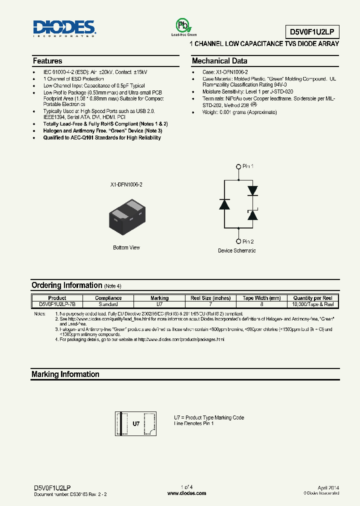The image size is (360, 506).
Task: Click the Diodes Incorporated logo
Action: coord(64,29)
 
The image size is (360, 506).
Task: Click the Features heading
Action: coord(47,61)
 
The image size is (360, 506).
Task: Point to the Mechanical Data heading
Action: coord(219,61)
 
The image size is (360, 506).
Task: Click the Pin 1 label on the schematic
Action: coord(248,166)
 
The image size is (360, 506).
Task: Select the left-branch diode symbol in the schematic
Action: coord(224,204)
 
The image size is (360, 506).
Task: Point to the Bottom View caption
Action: coord(126,247)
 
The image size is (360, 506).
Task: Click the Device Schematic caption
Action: coord(236,250)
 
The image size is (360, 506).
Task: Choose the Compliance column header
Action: coord(108,298)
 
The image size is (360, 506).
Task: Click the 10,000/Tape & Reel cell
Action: coord(313,304)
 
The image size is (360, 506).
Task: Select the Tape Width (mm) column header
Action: coord(261,298)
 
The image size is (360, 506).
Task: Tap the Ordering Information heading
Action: coord(66,285)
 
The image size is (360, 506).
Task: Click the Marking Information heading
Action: coord(65,374)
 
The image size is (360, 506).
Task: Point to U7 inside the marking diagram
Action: coord(136,423)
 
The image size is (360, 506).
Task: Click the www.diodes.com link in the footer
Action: coord(186,493)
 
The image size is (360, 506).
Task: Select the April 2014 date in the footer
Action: coord(328,487)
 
